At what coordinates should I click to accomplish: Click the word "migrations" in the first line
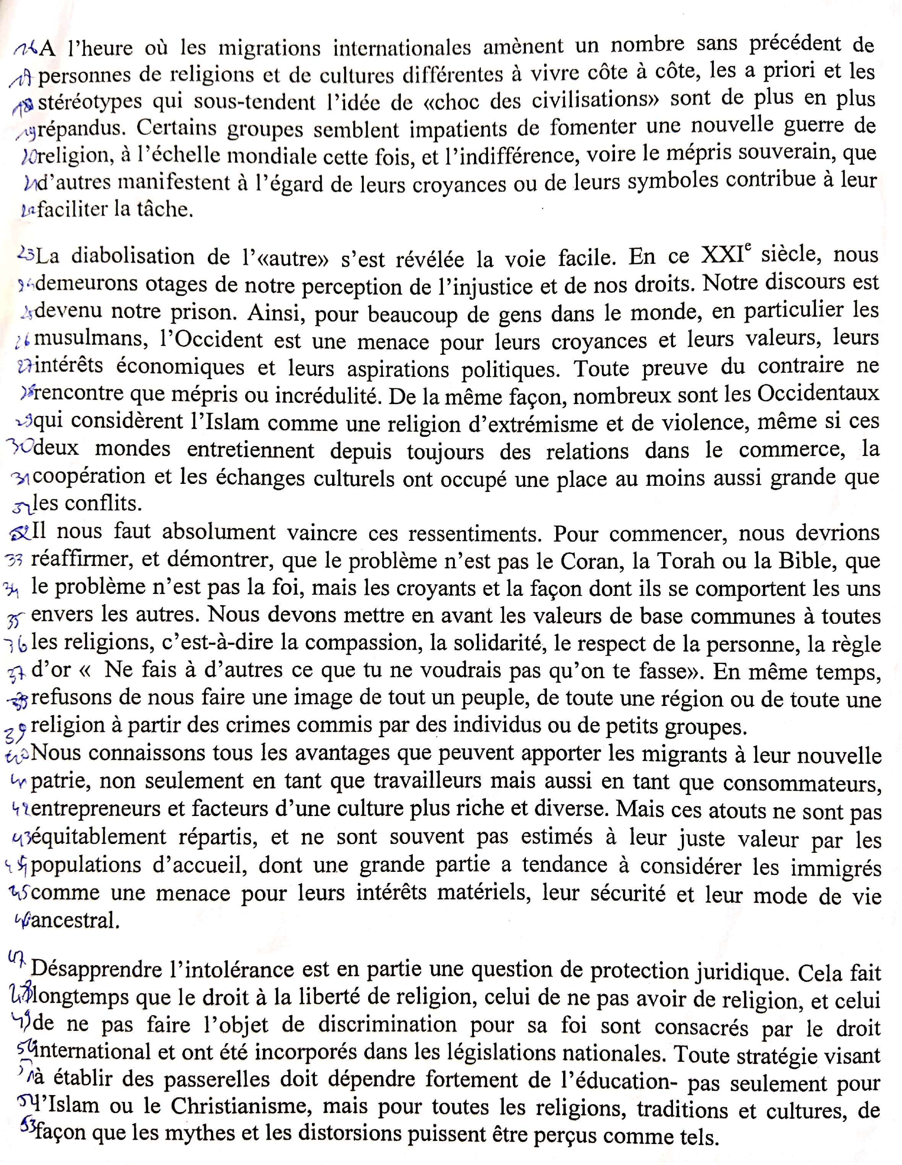(269, 49)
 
